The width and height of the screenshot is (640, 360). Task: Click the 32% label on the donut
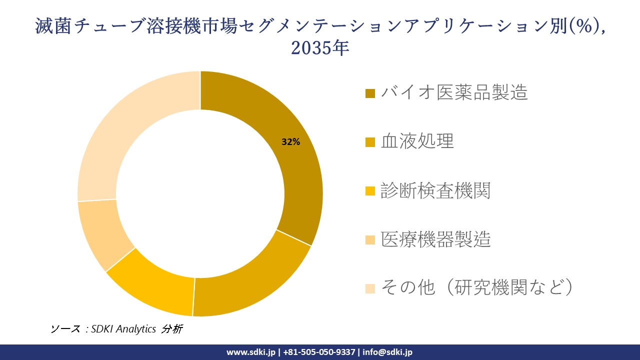(290, 142)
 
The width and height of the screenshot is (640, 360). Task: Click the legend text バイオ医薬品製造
(454, 92)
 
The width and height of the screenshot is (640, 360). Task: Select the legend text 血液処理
(417, 141)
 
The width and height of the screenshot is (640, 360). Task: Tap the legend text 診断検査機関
(435, 190)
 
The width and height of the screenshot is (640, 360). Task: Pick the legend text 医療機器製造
(435, 239)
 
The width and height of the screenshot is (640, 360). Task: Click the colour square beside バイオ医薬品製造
(370, 93)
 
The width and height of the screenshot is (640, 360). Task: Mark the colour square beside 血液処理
(370, 142)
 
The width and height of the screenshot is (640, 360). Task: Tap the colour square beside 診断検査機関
(370, 191)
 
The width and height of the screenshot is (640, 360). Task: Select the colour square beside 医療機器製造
(370, 240)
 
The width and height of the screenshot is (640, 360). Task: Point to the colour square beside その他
(370, 288)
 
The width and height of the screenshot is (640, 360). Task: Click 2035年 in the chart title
(319, 48)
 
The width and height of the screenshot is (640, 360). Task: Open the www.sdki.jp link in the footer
(251, 352)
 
